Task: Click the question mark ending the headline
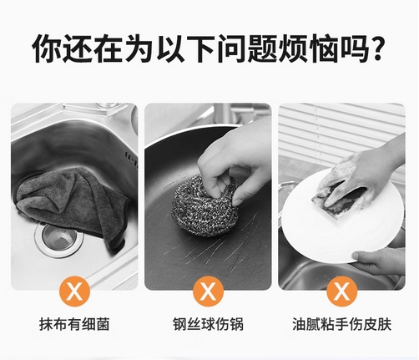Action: click(376, 48)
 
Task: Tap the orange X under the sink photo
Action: click(74, 291)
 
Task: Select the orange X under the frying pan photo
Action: click(209, 291)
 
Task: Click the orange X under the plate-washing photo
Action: click(342, 291)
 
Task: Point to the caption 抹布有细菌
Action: click(74, 324)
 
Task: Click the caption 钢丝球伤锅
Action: click(209, 324)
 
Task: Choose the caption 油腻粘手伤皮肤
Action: click(342, 324)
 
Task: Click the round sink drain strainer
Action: click(59, 238)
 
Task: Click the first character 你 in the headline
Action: click(46, 48)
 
